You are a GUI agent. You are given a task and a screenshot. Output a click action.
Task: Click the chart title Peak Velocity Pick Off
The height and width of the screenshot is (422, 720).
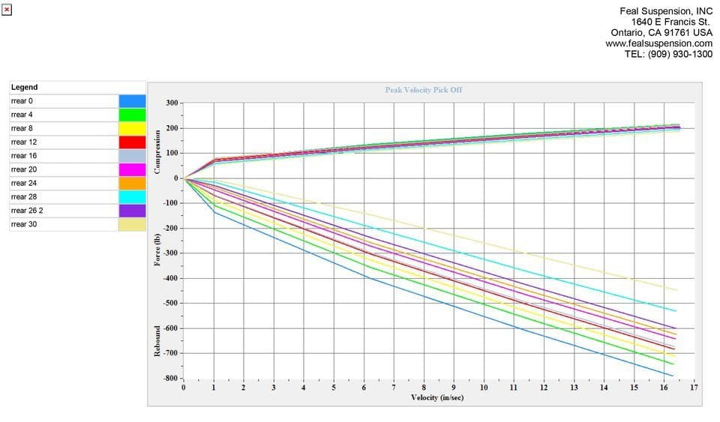point(424,90)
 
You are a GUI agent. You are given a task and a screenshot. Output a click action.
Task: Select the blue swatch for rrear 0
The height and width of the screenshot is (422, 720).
point(132,101)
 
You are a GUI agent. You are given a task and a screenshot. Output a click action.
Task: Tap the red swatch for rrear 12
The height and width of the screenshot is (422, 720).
point(132,142)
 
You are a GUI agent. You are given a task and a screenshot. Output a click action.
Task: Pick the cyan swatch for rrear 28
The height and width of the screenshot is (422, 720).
point(132,197)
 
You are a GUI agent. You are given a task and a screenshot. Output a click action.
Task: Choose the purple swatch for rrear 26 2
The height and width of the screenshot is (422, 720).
point(132,211)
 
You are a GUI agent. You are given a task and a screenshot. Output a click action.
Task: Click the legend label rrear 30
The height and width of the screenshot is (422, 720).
point(24,224)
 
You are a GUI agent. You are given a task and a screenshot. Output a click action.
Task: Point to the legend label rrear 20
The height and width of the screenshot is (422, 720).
point(24,169)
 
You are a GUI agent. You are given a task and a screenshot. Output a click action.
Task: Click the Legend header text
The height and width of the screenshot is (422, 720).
point(24,88)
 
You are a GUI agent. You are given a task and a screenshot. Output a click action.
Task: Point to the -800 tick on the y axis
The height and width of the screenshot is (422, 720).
point(172,379)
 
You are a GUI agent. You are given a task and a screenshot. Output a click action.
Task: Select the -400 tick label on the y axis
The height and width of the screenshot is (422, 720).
point(172,278)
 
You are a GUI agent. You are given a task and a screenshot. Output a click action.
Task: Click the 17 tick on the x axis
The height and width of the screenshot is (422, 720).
point(694,388)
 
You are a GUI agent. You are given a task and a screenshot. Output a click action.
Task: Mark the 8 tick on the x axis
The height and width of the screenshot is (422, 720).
point(424,388)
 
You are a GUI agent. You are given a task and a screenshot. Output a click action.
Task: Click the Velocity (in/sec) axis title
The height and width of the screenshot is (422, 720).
point(437,397)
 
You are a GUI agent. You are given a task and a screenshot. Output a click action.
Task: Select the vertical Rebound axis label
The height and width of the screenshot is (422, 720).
point(158,340)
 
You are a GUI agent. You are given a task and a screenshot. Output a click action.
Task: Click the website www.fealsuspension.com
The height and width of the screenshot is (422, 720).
point(658,43)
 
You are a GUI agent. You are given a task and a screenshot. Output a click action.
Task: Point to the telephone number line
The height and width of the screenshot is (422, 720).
point(668,54)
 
